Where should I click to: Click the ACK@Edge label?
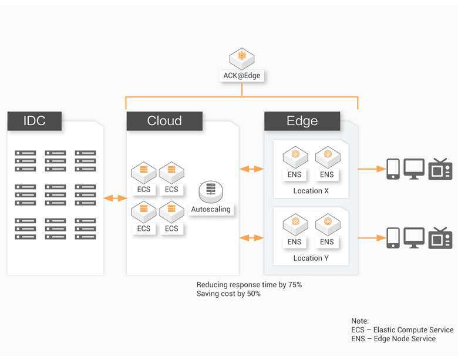pos(242,75)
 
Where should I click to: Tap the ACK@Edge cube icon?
pos(242,59)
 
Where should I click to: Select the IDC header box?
pos(35,120)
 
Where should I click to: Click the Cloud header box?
pos(164,120)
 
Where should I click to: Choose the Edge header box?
pos(302,120)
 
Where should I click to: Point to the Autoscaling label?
pos(211,209)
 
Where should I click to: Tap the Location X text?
pos(311,191)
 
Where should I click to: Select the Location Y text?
pos(311,258)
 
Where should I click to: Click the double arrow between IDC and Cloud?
pos(115,198)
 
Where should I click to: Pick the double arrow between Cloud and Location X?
pos(251,169)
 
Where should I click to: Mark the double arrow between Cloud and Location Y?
pos(251,238)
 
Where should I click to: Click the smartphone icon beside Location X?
pos(393,169)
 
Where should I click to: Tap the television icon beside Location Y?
pos(440,238)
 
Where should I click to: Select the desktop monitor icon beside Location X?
pos(414,169)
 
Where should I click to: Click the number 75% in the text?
pos(295,285)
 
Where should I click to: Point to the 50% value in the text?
pos(254,294)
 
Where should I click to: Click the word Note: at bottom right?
pos(360,321)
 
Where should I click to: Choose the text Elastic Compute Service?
pos(413,330)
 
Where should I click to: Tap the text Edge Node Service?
pos(405,339)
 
